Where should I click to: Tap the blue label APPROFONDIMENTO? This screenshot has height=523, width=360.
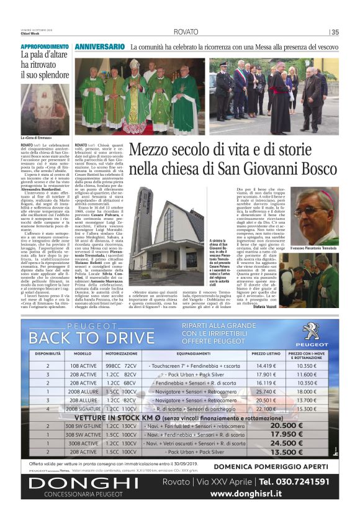pos(45,47)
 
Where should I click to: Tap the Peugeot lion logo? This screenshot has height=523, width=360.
pos(310,330)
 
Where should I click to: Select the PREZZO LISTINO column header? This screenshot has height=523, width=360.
pos(266,353)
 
